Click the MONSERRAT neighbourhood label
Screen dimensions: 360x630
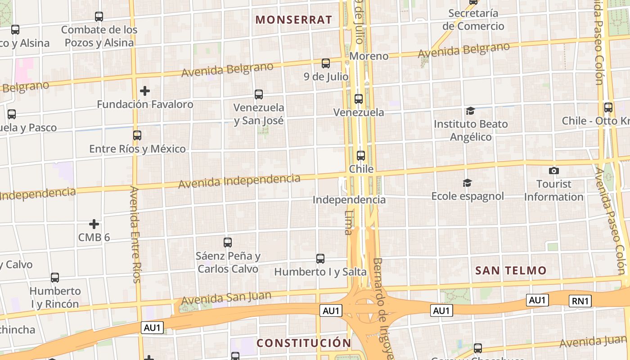pyautogui.click(x=293, y=20)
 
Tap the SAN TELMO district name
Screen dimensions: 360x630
pyautogui.click(x=511, y=270)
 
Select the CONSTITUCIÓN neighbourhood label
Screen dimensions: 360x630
pyautogui.click(x=304, y=343)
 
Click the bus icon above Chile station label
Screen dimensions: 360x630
pyautogui.click(x=360, y=156)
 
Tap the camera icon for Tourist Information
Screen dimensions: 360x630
pyautogui.click(x=554, y=171)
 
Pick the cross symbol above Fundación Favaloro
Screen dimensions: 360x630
pyautogui.click(x=144, y=91)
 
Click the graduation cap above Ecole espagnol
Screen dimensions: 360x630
pyautogui.click(x=468, y=183)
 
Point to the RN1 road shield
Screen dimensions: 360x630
pyautogui.click(x=580, y=301)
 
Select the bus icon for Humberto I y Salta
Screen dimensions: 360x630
pyautogui.click(x=320, y=259)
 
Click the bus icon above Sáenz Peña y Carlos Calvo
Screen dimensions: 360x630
pyautogui.click(x=228, y=243)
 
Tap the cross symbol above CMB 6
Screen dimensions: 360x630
pyautogui.click(x=94, y=224)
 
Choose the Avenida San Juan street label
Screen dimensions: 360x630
pyautogui.click(x=226, y=298)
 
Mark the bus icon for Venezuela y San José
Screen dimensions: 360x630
pyautogui.click(x=259, y=94)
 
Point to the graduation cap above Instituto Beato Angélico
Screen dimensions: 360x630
pyautogui.click(x=470, y=111)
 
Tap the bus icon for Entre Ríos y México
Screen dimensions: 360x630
pyautogui.click(x=137, y=135)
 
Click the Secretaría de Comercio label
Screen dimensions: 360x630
pyautogui.click(x=473, y=20)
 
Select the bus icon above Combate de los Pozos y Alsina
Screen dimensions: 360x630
pyautogui.click(x=99, y=17)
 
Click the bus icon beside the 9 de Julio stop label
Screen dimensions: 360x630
pyautogui.click(x=326, y=63)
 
